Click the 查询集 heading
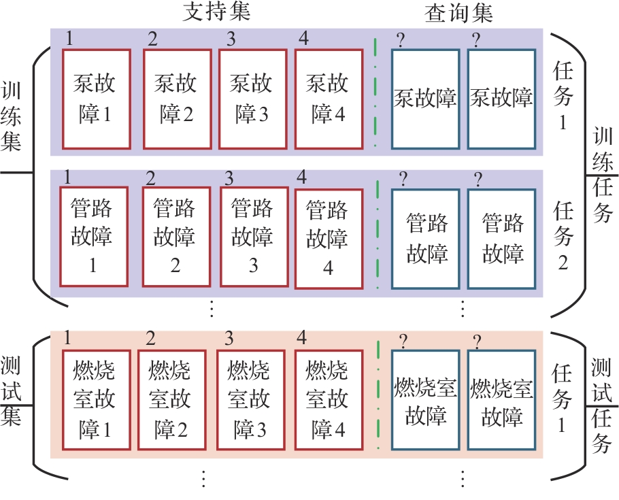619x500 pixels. pos(458,13)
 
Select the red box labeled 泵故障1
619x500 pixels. pos(96,99)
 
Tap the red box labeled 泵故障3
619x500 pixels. pos(252,99)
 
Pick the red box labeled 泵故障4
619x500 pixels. pos(329,99)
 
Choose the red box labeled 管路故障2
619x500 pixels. pos(175,236)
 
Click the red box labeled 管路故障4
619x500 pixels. pos(328,237)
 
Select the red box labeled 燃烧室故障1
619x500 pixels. pos(96,400)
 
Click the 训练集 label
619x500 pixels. pos(12,115)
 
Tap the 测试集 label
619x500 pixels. pos(12,391)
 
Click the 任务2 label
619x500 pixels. pos(563,235)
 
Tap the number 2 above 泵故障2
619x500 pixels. pos(152,39)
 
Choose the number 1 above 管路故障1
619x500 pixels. pos(67,177)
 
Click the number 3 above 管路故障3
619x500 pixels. pos(229,178)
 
